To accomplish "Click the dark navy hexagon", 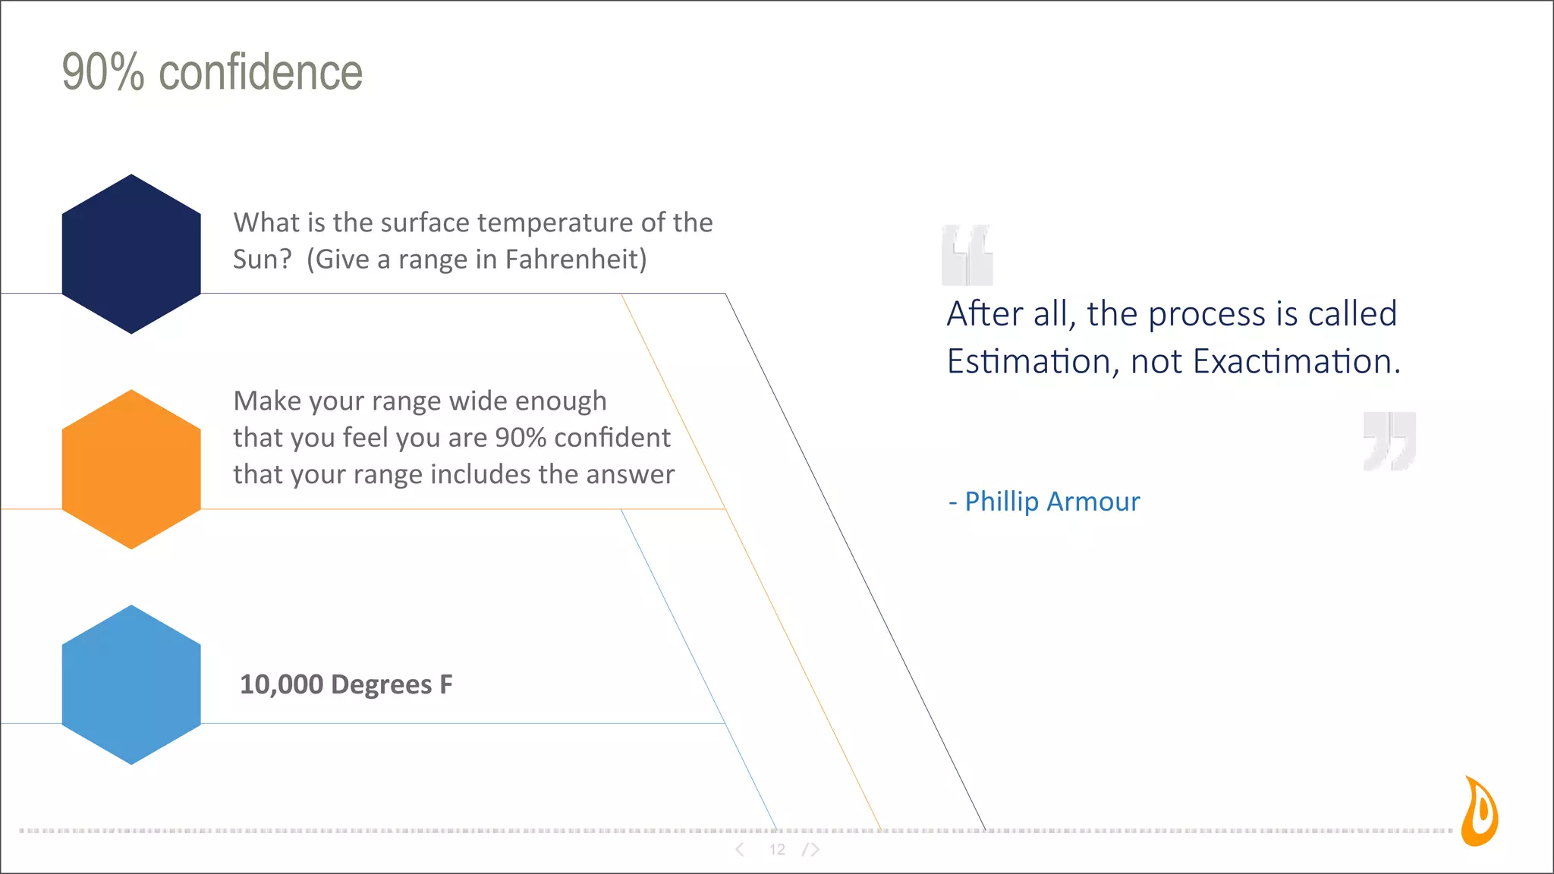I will [131, 253].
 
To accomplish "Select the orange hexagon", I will [131, 469].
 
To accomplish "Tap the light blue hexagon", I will [131, 684].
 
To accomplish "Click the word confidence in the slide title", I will [260, 73].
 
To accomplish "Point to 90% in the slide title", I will [102, 73].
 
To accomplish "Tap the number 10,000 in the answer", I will [282, 684].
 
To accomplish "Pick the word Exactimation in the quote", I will [1295, 361].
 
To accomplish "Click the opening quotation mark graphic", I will [967, 255].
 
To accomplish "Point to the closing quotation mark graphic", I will [1389, 441].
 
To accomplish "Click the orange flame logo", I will [1480, 812].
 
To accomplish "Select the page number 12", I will [777, 850].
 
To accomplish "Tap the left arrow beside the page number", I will [740, 850].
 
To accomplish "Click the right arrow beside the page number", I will [813, 850].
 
